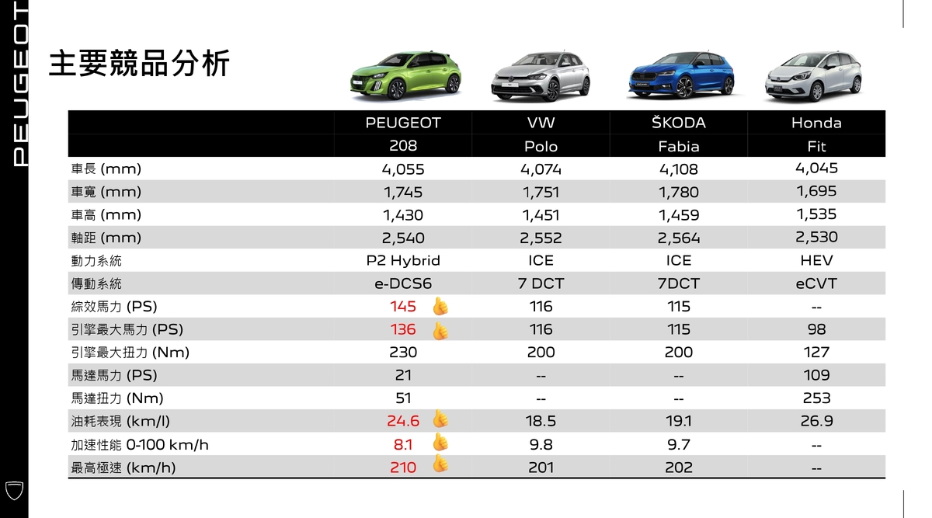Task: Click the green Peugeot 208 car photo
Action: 405,76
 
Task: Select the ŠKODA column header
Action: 679,123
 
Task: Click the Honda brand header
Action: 816,123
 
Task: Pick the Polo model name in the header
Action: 541,147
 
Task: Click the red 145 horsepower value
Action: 403,307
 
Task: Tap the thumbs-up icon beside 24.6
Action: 440,419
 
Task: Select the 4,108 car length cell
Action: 679,169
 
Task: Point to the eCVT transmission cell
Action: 816,283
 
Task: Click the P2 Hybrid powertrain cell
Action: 403,260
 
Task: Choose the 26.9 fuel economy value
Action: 816,421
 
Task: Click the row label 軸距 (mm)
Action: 106,238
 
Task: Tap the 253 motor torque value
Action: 816,398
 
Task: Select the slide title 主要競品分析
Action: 139,64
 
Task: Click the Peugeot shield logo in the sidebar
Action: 14,491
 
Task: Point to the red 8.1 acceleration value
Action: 403,445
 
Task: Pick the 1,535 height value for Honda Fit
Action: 816,214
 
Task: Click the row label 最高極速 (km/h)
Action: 123,468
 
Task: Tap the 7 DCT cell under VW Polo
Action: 541,283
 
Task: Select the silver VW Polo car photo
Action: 541,77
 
